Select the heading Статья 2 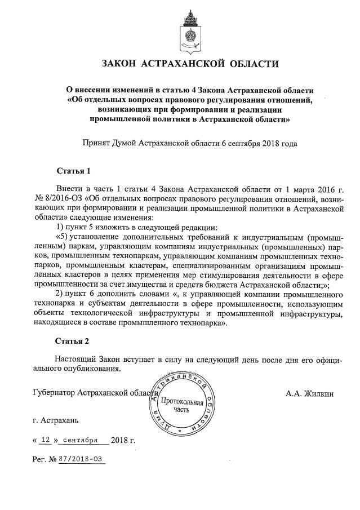tap(73, 342)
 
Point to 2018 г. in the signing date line tap(123, 440)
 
